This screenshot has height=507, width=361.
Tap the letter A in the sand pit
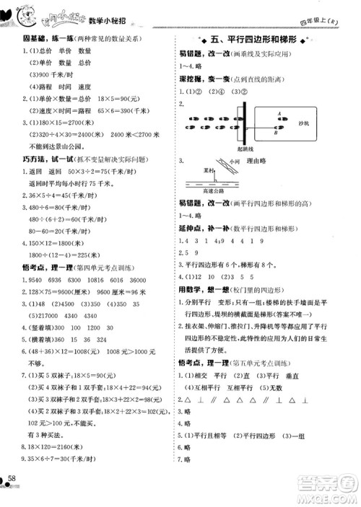click(278, 113)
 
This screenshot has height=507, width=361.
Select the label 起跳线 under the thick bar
click(243, 148)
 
